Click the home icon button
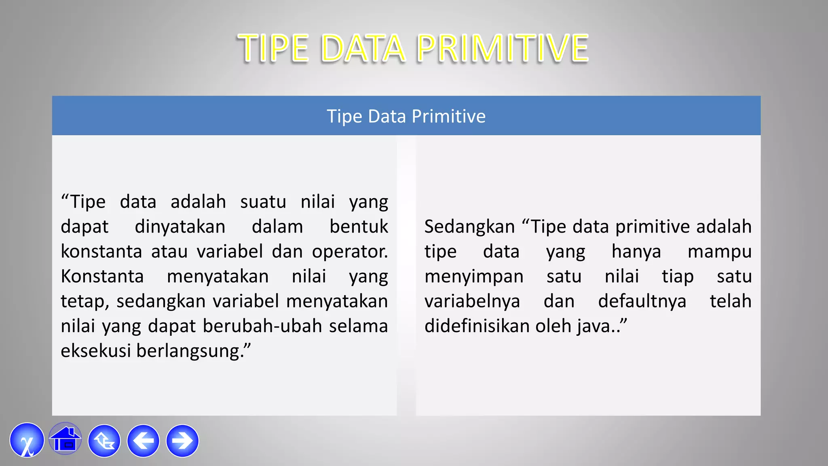pyautogui.click(x=65, y=440)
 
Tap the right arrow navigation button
pyautogui.click(x=182, y=441)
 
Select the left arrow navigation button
pyautogui.click(x=143, y=441)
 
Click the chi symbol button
pyautogui.click(x=27, y=441)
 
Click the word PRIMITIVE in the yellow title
pyautogui.click(x=502, y=49)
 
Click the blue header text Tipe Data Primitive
pyautogui.click(x=406, y=116)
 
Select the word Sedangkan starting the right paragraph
pyautogui.click(x=469, y=227)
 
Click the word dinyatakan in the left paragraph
pyautogui.click(x=180, y=227)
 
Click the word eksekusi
pyautogui.click(x=95, y=351)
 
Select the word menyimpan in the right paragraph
pyautogui.click(x=474, y=277)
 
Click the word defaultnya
pyautogui.click(x=642, y=301)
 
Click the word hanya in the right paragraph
pyautogui.click(x=636, y=252)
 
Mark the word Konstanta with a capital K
pyautogui.click(x=102, y=277)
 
